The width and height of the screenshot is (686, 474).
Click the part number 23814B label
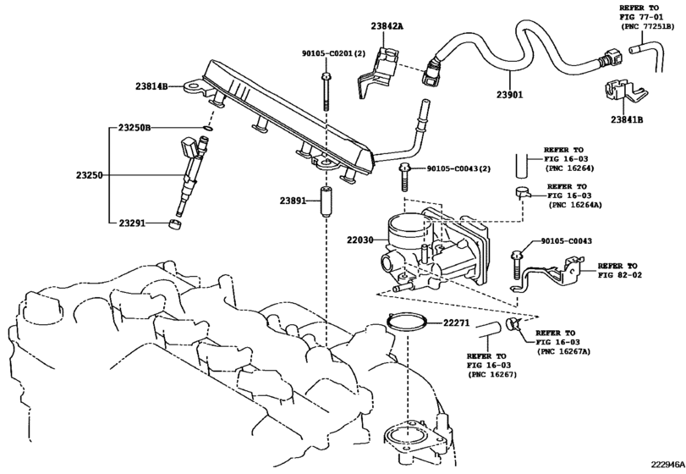point(152,85)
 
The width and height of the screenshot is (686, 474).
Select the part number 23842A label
point(386,26)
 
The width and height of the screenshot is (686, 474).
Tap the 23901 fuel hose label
point(511,96)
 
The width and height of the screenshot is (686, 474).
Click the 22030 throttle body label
point(361,240)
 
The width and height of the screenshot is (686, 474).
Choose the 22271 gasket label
point(456,322)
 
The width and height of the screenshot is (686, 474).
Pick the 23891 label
point(288,200)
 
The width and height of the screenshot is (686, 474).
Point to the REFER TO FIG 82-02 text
point(623,270)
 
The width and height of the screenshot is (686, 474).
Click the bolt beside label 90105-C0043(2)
point(406,179)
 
